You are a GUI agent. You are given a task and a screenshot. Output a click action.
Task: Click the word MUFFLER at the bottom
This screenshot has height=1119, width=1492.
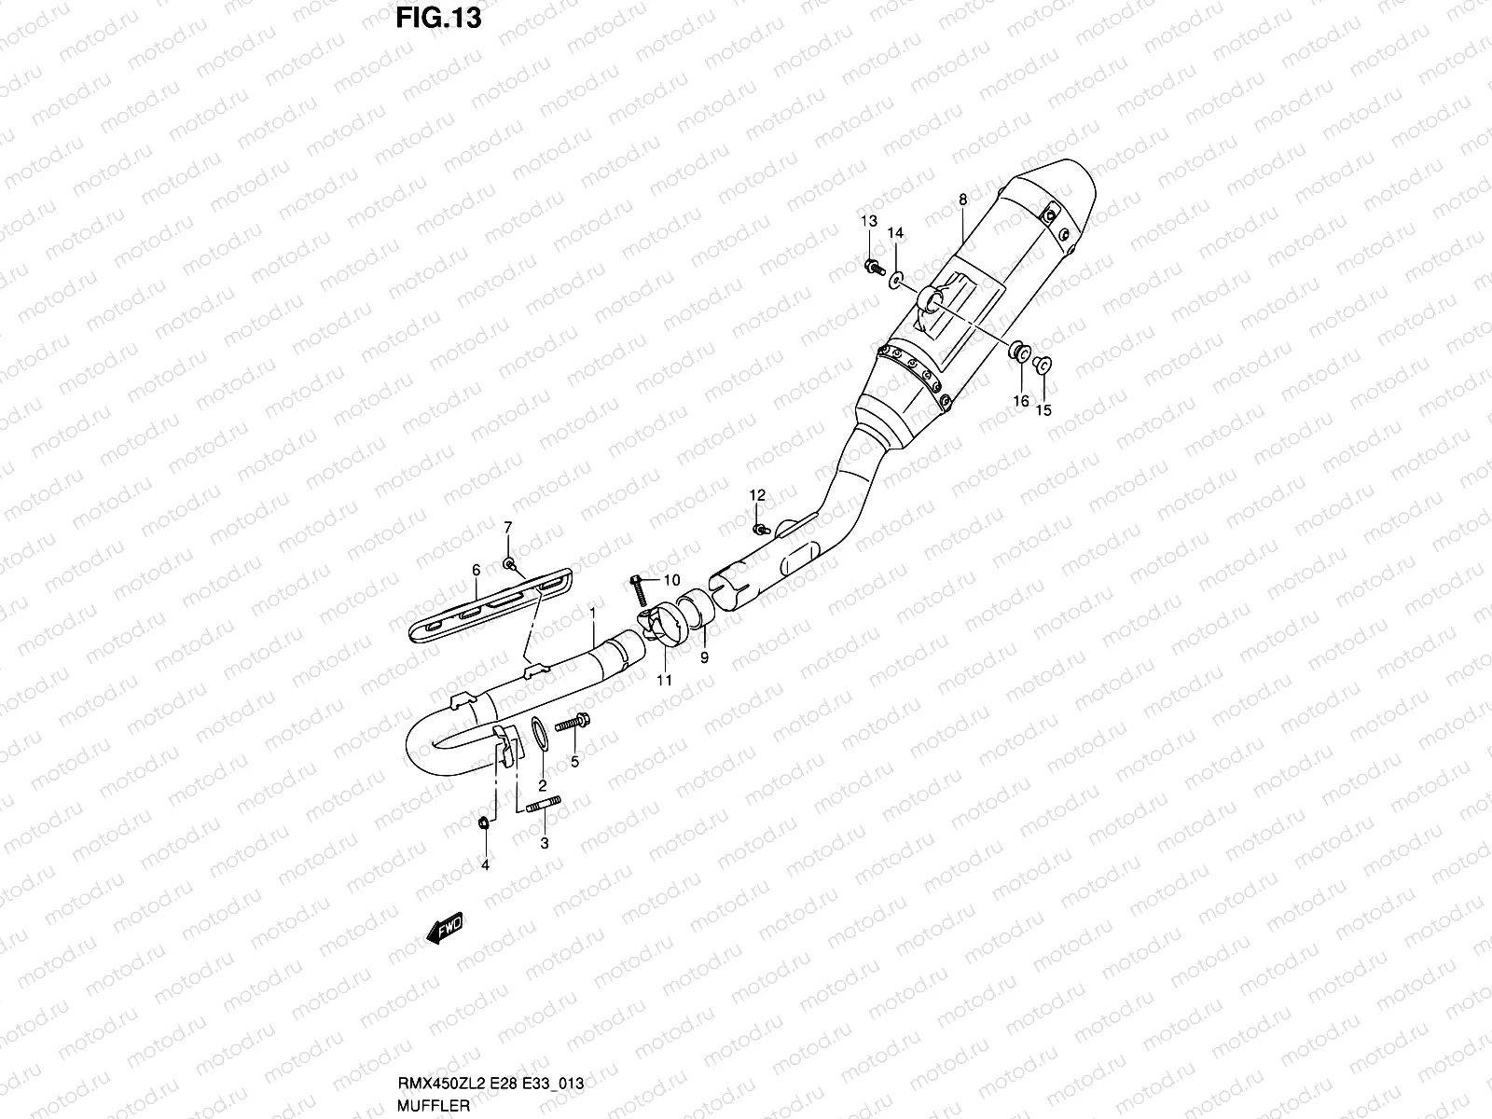432,1102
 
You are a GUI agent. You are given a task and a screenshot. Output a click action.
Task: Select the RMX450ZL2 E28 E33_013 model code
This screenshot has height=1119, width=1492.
490,1083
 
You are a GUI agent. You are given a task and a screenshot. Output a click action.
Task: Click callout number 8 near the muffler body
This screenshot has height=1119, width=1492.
961,199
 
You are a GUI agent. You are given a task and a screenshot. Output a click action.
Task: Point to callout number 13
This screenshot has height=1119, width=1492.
868,221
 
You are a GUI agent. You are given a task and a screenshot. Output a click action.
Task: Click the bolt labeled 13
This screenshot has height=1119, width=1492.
873,268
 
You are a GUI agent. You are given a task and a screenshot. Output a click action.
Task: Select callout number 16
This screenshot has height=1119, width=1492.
1021,401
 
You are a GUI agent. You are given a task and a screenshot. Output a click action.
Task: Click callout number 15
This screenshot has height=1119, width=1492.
1043,409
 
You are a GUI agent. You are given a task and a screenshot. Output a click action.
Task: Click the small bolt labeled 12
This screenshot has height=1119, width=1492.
761,529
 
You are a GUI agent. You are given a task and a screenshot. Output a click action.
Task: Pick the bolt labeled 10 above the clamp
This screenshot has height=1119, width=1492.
639,587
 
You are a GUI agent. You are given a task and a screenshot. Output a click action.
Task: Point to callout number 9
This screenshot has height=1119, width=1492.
704,657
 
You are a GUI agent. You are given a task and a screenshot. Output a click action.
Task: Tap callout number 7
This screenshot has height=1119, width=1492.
508,528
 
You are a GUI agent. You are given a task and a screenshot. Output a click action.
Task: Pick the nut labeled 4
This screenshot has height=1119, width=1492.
484,822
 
